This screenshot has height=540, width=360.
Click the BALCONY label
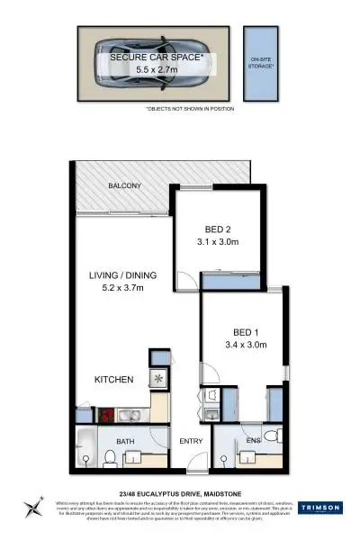pyautogui.click(x=126, y=185)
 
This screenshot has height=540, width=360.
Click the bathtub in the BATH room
pyautogui.click(x=84, y=448)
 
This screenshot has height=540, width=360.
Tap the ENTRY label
pyautogui.click(x=191, y=441)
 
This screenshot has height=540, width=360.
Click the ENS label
pyautogui.click(x=253, y=441)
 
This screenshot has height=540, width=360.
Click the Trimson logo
pyautogui.click(x=319, y=507)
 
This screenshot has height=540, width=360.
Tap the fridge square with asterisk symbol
pyautogui.click(x=158, y=379)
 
